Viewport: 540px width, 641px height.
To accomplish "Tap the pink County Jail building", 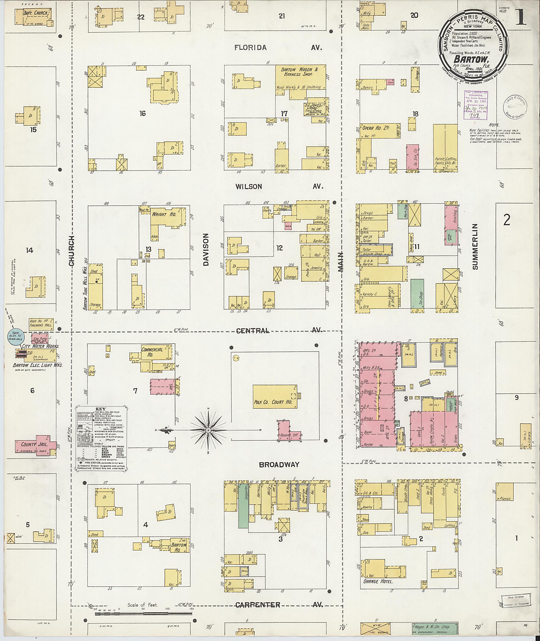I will click(34, 444).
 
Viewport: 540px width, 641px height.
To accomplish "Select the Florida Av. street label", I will click(251, 48).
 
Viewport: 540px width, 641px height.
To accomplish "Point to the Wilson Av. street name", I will click(249, 186).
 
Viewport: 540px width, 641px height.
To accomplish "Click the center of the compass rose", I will click(208, 430).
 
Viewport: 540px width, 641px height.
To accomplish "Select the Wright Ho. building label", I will click(164, 215).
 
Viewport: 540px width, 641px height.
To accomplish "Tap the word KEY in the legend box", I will click(101, 409).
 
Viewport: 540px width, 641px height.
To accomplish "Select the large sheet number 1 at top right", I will click(520, 17).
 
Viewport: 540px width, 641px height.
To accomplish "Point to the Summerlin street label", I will click(475, 247).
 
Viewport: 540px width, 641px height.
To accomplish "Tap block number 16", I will click(142, 114).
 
